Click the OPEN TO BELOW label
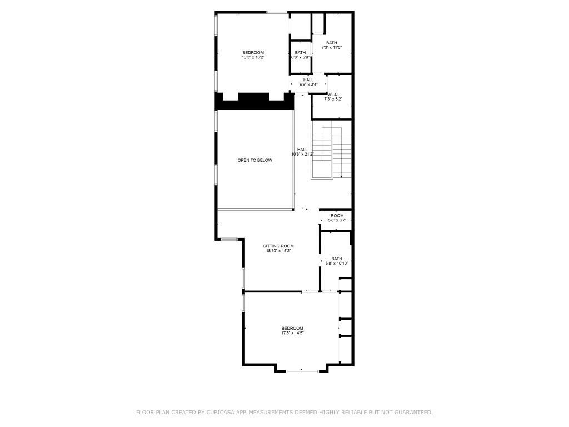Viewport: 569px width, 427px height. [x=255, y=160]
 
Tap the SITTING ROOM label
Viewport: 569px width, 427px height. [x=278, y=246]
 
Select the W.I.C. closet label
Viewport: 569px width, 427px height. [x=333, y=94]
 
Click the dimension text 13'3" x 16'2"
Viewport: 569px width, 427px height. [x=253, y=57]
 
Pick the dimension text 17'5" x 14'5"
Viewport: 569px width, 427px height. [x=292, y=333]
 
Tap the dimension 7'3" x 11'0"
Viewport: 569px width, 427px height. [x=331, y=48]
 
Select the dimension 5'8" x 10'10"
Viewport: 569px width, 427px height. [x=337, y=264]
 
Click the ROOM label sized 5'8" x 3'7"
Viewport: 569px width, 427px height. [x=337, y=216]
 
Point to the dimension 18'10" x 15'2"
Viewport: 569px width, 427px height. [x=278, y=251]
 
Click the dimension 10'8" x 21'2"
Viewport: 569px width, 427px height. [x=303, y=154]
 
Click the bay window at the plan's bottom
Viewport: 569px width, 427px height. [x=302, y=370]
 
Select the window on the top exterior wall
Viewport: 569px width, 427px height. [x=276, y=12]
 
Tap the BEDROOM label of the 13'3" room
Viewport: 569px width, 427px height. [x=253, y=52]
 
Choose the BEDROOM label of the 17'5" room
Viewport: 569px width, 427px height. [x=292, y=328]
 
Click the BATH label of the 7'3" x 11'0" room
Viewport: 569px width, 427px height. [x=331, y=43]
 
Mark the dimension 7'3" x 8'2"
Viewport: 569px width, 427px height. [x=333, y=99]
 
